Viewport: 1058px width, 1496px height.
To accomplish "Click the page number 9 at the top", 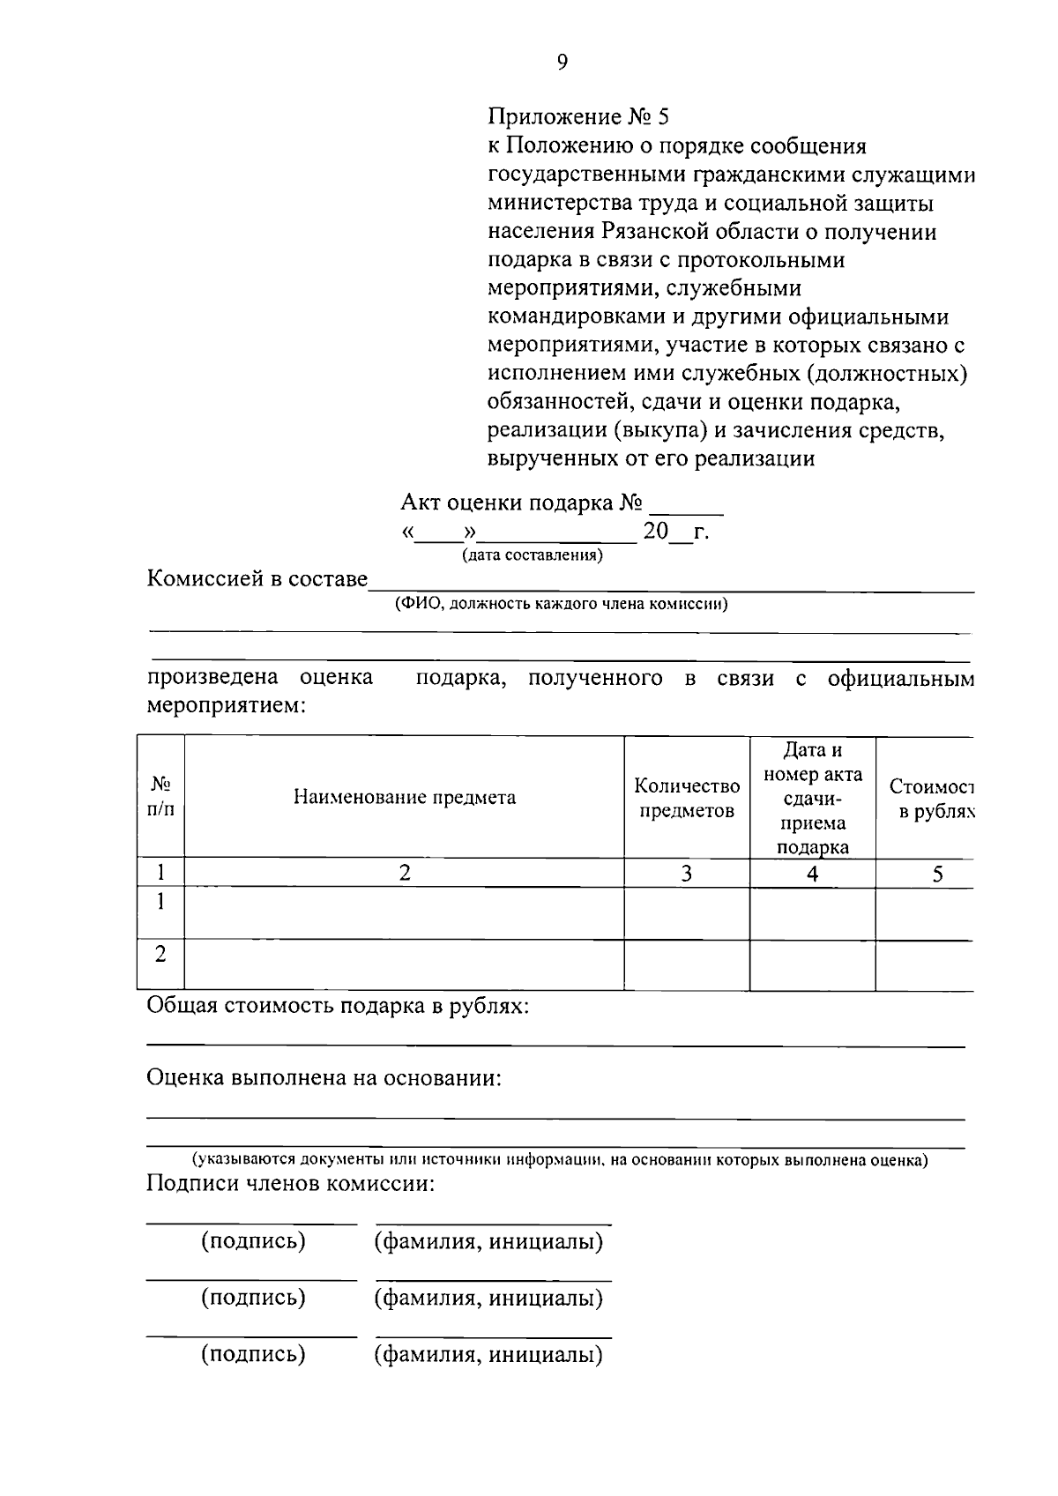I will [x=563, y=61].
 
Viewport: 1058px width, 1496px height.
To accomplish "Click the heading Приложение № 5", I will [x=579, y=117].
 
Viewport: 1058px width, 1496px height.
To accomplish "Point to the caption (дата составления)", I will [x=533, y=555].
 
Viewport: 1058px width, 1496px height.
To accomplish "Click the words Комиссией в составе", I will [x=257, y=579].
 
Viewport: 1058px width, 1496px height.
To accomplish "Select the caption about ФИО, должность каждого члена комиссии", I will [x=562, y=605].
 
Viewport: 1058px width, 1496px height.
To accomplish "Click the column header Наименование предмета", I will [x=405, y=798].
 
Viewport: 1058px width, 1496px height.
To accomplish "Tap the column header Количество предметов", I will [x=687, y=798].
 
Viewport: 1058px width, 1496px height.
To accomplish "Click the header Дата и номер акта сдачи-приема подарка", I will [x=812, y=798].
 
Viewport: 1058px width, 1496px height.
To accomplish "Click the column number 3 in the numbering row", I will [x=687, y=873].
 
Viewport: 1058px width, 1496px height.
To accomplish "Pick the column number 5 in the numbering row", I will [x=937, y=873].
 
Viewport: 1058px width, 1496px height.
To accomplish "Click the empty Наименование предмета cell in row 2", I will [x=405, y=964].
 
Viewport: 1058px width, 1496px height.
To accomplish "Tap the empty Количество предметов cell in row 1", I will [x=687, y=912].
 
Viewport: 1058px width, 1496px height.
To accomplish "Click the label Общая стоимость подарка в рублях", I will [x=338, y=1006].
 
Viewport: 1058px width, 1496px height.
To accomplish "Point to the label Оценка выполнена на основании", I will [x=324, y=1078].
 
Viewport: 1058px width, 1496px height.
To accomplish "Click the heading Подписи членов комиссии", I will [x=291, y=1183].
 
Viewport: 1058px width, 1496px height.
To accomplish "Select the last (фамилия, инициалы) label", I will [x=488, y=1354].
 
